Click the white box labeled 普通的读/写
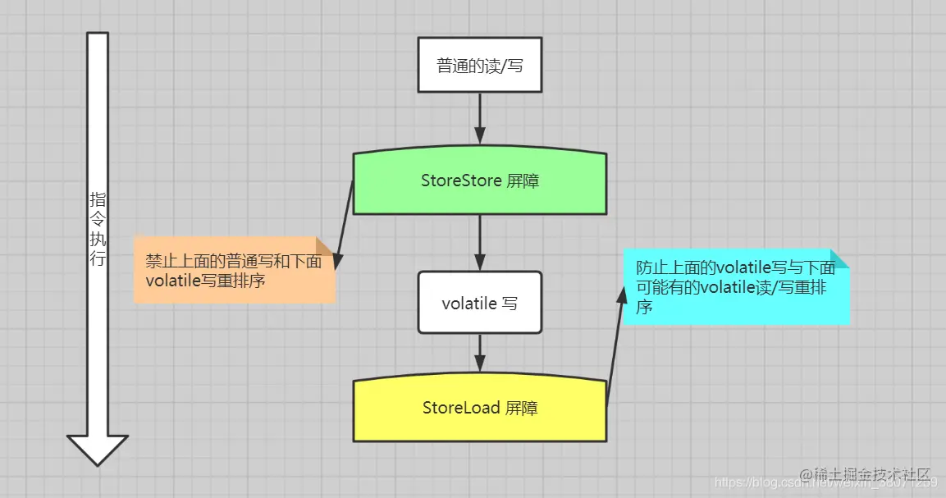pos(480,65)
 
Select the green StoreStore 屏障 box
pos(480,181)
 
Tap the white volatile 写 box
pos(480,303)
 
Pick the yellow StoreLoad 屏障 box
pos(480,409)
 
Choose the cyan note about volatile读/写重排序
pos(735,286)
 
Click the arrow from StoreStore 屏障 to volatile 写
pos(480,243)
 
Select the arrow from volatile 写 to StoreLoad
pos(480,356)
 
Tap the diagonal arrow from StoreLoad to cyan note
pos(615,349)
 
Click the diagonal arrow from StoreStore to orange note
pos(345,226)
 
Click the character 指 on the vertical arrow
pos(98,199)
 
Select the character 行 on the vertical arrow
pos(98,261)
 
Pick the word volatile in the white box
pos(469,303)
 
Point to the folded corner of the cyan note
pos(839,258)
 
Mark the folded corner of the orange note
pos(326,245)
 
